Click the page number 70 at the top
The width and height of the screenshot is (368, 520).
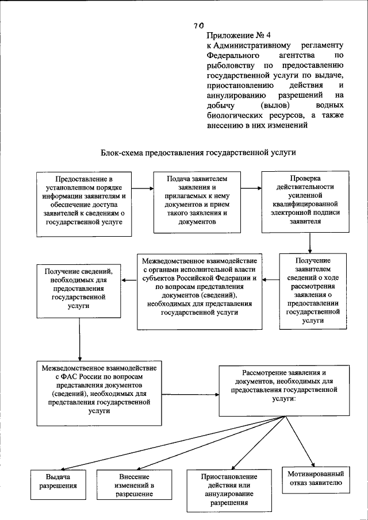tap(198, 25)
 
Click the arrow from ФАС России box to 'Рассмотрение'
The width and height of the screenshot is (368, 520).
tap(189, 394)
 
